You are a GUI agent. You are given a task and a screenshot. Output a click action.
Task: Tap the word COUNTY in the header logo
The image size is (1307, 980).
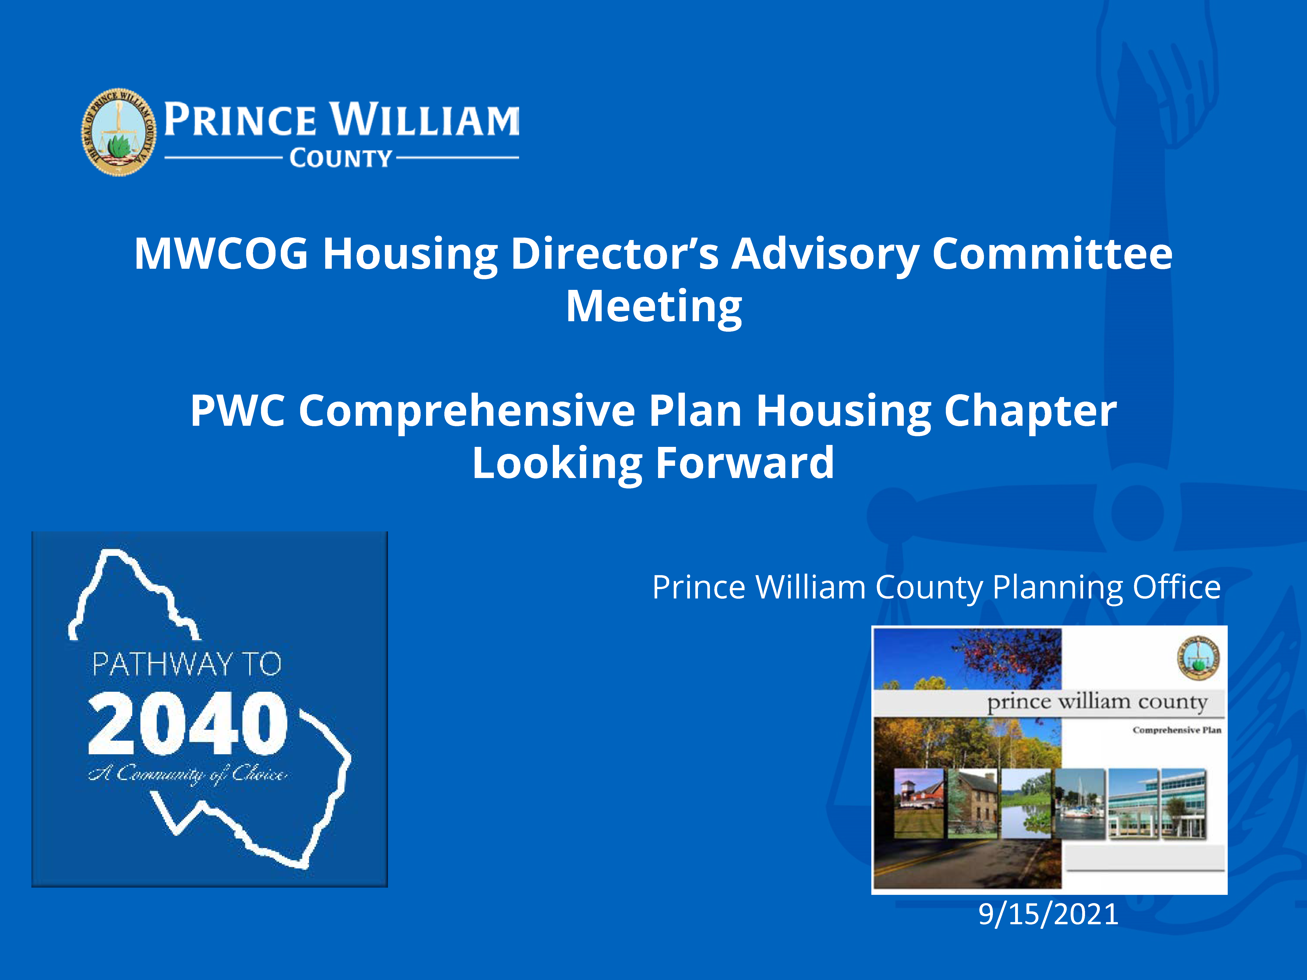click(341, 158)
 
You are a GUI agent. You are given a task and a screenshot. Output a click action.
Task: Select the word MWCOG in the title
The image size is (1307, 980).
click(221, 254)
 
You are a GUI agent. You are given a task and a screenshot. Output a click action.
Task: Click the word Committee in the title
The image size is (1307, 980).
click(1052, 254)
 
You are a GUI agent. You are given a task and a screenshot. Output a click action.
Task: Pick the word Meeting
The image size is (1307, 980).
click(653, 307)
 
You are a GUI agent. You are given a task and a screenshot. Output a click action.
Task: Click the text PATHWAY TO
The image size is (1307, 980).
click(187, 665)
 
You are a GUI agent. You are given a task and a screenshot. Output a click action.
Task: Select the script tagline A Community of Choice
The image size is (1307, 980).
click(188, 774)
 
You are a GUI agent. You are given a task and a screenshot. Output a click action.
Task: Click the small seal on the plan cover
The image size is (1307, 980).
click(1198, 657)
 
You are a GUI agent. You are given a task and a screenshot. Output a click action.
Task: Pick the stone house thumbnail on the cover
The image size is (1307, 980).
click(973, 803)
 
